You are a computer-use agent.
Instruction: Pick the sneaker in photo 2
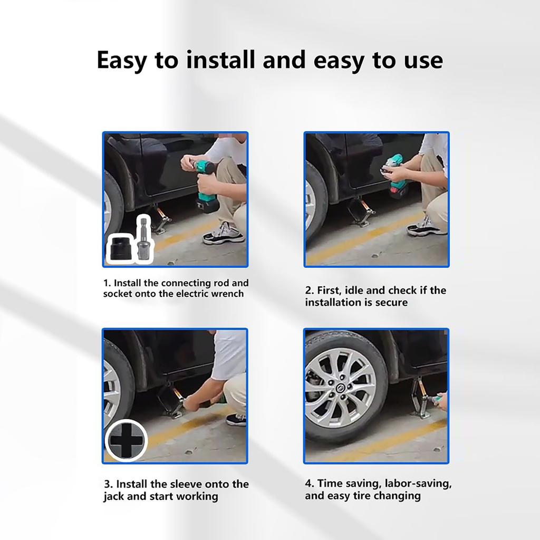coord(427,227)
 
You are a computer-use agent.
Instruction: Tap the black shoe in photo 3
coord(236,420)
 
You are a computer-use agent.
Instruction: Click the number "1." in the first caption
coord(107,283)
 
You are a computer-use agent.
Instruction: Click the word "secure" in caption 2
coord(391,303)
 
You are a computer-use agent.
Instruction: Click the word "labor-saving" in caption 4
coord(418,484)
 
